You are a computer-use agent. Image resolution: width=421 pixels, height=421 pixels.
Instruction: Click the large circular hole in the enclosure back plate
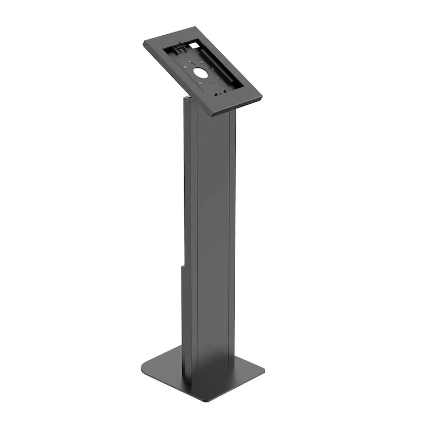(x=202, y=73)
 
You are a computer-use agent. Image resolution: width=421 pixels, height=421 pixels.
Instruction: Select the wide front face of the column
(x=213, y=237)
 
